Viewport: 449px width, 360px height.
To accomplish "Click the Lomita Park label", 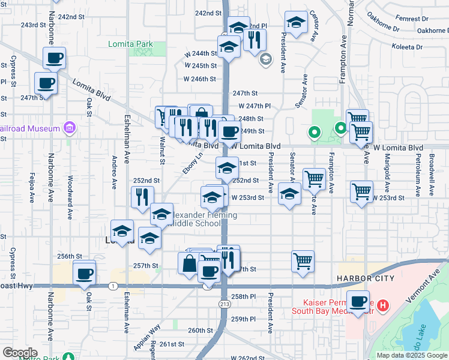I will [x=130, y=44].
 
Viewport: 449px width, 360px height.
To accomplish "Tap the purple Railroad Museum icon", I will [x=70, y=128].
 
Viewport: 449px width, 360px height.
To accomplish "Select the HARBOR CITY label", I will [x=365, y=278].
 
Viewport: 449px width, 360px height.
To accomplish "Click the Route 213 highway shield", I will [x=223, y=304].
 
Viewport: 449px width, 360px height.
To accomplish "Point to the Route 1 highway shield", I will [x=113, y=286].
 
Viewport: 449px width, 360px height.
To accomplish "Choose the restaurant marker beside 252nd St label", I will [x=142, y=196].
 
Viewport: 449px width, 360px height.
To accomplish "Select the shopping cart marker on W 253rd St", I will [x=361, y=191].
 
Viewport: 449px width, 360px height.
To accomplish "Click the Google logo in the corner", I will [x=20, y=352].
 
